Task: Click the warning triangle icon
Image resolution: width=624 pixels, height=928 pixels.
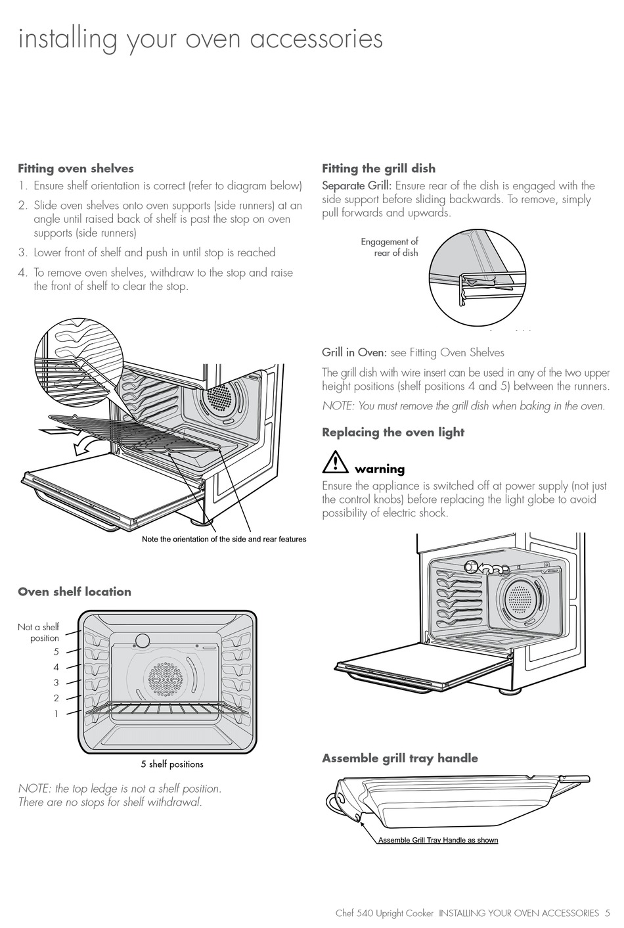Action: click(x=335, y=462)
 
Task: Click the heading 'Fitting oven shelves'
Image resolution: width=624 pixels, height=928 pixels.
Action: click(x=76, y=169)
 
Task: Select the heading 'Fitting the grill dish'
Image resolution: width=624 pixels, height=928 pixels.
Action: click(x=378, y=169)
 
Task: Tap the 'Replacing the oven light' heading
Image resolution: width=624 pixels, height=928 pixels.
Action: click(x=393, y=432)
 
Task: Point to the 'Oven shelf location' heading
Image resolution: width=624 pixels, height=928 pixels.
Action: click(x=74, y=592)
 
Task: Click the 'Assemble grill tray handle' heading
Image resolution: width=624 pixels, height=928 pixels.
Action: click(x=399, y=758)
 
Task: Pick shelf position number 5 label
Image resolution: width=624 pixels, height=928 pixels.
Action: click(x=56, y=652)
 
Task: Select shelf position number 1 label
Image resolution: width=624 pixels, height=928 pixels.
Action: click(x=56, y=713)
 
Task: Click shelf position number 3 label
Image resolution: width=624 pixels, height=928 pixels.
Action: click(x=56, y=683)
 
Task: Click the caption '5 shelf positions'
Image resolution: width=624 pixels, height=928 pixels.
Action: click(x=172, y=764)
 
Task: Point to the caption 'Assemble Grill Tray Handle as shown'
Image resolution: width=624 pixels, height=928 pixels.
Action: click(x=438, y=840)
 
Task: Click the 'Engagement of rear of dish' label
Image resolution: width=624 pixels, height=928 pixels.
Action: click(x=390, y=247)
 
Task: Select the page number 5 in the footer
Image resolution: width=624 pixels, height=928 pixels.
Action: click(x=608, y=913)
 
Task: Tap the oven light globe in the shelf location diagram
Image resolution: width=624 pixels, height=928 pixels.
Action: click(x=142, y=641)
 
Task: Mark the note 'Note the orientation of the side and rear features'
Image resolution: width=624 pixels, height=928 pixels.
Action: click(x=224, y=540)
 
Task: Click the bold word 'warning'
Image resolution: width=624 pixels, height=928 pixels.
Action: click(x=380, y=469)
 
